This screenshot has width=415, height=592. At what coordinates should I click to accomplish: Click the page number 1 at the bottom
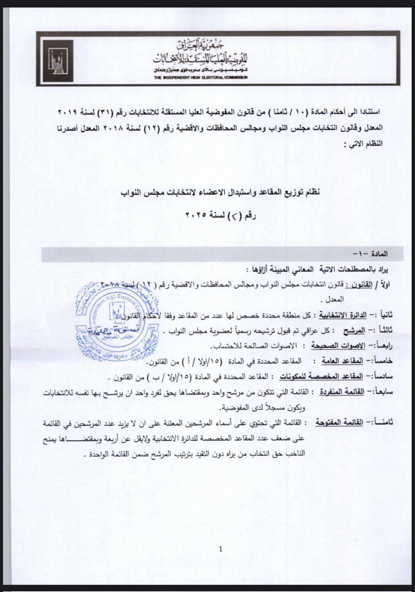[x=220, y=549]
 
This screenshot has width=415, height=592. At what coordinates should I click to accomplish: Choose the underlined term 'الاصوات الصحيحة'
[x=342, y=345]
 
